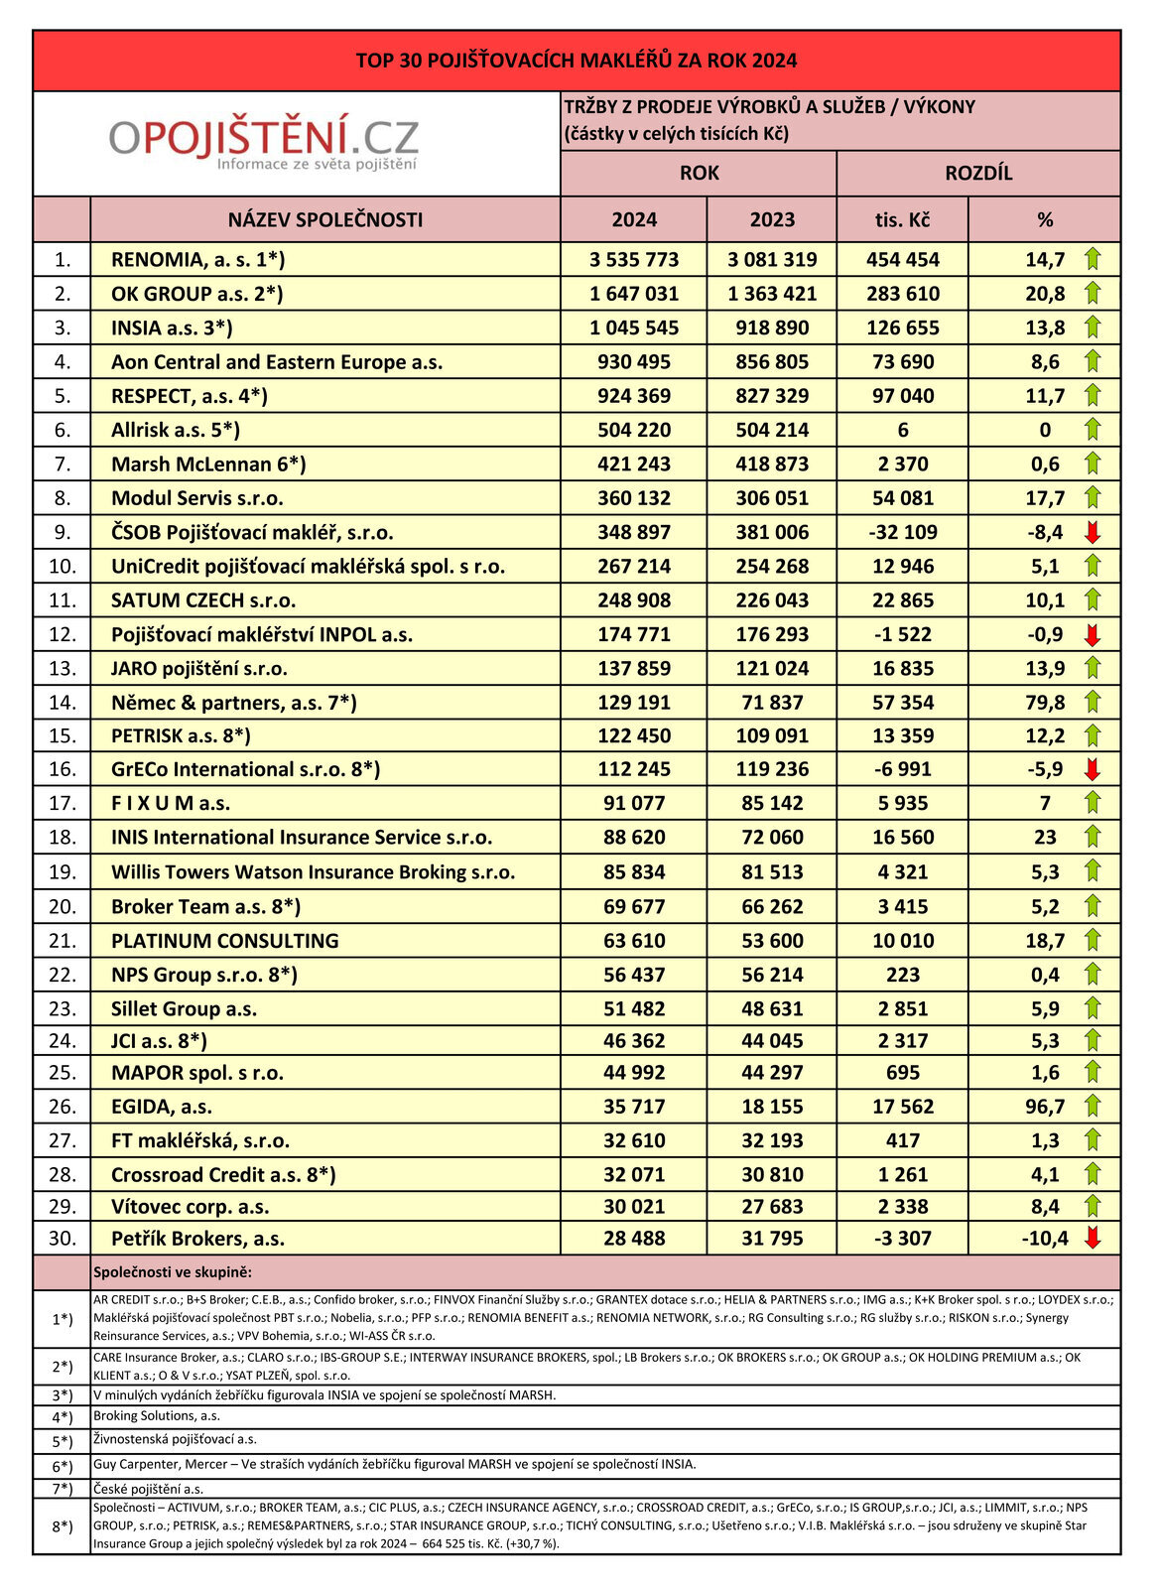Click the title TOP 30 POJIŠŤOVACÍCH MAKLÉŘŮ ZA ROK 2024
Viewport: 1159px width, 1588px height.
point(577,61)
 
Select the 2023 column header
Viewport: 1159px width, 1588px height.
point(772,219)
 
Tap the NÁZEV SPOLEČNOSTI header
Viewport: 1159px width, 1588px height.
point(325,219)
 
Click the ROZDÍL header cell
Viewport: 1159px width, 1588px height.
point(978,173)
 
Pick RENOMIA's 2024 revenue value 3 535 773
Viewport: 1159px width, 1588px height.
point(634,260)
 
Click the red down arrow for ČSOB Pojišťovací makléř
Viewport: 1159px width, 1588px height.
point(1093,532)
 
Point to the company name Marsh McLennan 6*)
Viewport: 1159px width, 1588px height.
point(208,463)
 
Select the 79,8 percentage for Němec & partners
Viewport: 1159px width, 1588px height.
point(1045,702)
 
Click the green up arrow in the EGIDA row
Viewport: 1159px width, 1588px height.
point(1093,1106)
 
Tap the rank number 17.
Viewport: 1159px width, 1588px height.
point(63,803)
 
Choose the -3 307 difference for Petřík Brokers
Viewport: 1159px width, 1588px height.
point(902,1238)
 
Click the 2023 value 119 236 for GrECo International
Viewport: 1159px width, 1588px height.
point(772,769)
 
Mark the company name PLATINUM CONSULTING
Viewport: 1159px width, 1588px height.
point(225,940)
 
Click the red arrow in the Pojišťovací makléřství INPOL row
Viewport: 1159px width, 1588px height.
point(1093,634)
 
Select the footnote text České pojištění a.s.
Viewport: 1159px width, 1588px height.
point(148,1488)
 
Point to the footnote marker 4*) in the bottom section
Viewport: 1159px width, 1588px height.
point(63,1416)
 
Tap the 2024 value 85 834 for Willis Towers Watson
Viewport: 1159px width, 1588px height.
point(634,871)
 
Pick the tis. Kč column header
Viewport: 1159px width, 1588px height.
point(902,219)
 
